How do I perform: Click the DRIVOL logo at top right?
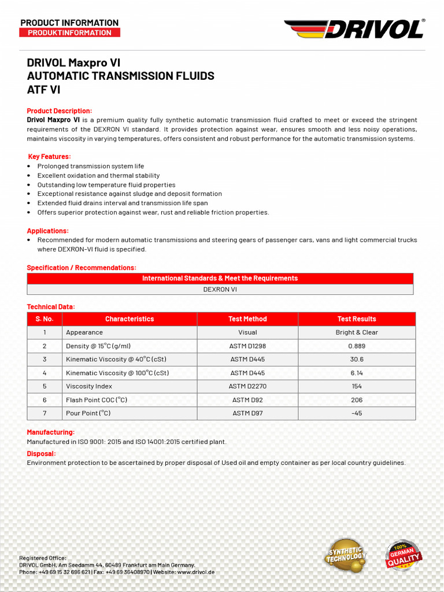(x=354, y=28)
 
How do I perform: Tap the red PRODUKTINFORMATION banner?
(x=70, y=33)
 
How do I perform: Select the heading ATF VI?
(x=43, y=90)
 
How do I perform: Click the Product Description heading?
(x=60, y=111)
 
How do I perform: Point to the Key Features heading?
(x=50, y=157)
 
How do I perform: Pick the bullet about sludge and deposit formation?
(x=129, y=194)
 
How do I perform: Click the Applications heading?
(x=48, y=231)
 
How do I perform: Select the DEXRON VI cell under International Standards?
(x=220, y=289)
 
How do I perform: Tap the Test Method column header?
(x=247, y=319)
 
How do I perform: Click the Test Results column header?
(x=357, y=319)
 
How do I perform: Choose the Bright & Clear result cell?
(x=357, y=332)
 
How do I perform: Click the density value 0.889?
(x=357, y=346)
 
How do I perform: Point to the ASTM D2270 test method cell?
(x=247, y=386)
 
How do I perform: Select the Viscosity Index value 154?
(x=357, y=386)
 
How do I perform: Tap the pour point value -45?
(x=357, y=413)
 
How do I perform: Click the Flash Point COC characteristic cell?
(x=97, y=399)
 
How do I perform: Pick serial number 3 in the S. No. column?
(x=45, y=359)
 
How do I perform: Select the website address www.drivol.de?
(x=196, y=572)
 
